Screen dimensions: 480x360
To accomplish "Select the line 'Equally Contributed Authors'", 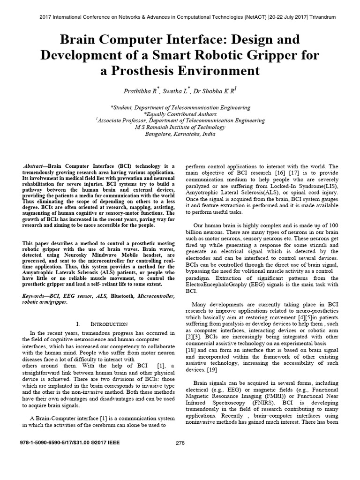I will tap(180, 113).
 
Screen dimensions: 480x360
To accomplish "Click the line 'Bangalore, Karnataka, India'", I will tap(180, 134).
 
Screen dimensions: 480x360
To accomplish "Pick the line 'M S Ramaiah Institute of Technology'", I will tap(180, 127).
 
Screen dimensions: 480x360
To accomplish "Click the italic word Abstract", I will tap(35, 166).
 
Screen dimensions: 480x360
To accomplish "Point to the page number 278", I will tap(180, 442).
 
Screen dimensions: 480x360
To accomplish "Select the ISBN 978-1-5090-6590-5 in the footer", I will tap(43, 442).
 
